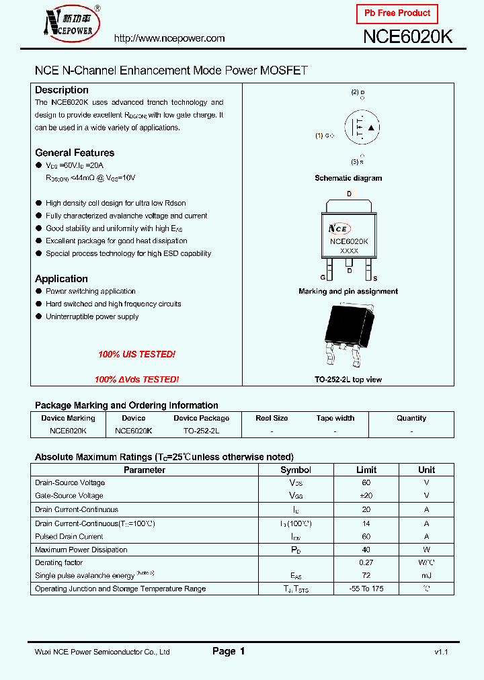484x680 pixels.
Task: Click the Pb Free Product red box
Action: (397, 13)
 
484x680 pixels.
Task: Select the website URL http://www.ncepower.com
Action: (169, 39)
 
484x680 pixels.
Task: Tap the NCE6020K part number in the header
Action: (407, 38)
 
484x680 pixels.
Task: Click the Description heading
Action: (62, 90)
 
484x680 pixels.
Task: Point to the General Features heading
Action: (75, 153)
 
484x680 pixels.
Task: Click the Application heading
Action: (61, 279)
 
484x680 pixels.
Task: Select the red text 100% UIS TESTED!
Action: (136, 354)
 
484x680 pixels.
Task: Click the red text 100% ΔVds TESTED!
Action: (136, 380)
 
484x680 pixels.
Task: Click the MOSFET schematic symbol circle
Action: (362, 128)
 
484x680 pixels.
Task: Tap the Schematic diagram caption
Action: (348, 178)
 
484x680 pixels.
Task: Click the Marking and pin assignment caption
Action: (348, 292)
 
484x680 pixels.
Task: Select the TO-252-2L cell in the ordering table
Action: (201, 430)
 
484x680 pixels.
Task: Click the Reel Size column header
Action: (272, 418)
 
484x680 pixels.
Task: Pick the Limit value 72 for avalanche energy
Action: (366, 575)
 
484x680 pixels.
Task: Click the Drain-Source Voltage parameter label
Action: (70, 482)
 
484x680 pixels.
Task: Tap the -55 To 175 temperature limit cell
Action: (366, 589)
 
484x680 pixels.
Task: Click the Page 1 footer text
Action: (229, 651)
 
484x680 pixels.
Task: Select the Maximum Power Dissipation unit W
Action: (426, 550)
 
